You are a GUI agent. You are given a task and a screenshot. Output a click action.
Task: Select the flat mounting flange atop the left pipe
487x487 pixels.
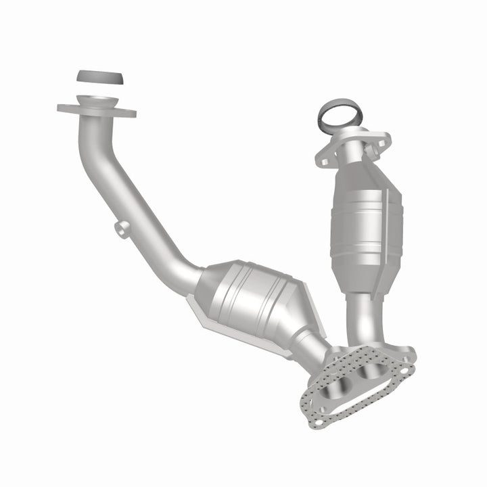click(x=96, y=110)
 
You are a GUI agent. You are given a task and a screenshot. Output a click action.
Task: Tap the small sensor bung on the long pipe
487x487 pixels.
click(x=120, y=229)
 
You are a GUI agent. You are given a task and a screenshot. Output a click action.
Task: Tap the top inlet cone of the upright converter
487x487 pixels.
click(x=355, y=169)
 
